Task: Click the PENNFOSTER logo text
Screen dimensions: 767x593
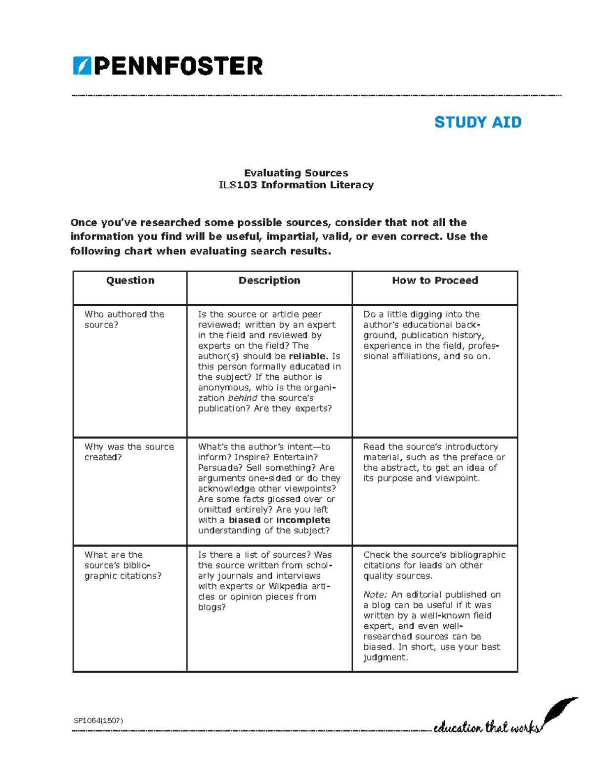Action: point(178,66)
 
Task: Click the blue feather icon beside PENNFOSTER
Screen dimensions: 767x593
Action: point(82,66)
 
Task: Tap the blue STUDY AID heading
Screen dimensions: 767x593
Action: point(477,122)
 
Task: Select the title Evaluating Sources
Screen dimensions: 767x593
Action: point(296,173)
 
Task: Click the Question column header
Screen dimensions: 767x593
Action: point(130,281)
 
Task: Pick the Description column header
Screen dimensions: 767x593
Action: point(269,281)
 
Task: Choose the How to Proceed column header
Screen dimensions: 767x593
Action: point(435,281)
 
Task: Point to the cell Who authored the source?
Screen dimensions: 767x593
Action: point(124,319)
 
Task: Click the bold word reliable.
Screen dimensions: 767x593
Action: point(308,356)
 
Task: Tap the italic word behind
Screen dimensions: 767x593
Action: point(242,398)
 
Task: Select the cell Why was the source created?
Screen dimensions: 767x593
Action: point(129,451)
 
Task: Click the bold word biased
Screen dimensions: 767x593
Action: point(244,520)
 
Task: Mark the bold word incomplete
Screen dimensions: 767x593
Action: point(303,520)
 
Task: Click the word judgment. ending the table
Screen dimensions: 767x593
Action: point(385,657)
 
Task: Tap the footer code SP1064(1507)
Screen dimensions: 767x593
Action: point(98,721)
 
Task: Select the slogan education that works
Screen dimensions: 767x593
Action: point(486,727)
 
